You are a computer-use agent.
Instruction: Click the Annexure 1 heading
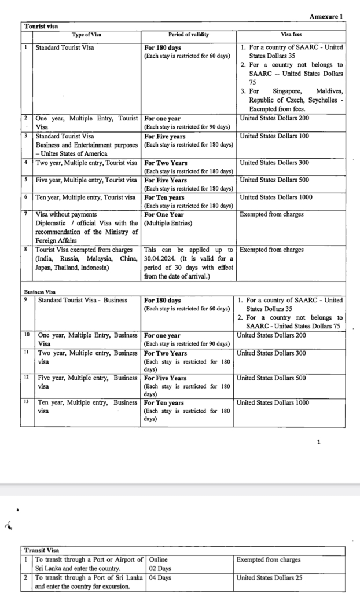click(x=327, y=16)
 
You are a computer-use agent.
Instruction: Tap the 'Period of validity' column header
click(x=188, y=35)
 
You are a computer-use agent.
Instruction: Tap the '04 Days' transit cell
click(x=160, y=577)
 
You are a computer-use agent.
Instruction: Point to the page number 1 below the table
click(x=319, y=442)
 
